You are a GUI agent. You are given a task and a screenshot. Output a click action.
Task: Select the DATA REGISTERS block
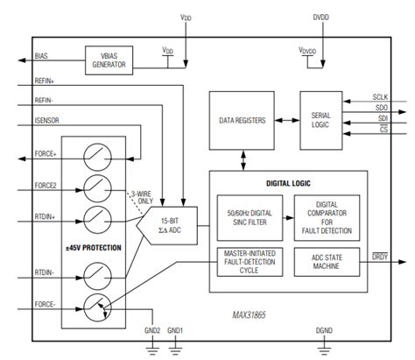[x=241, y=114]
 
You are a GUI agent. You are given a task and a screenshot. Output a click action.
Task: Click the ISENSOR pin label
[x=49, y=121]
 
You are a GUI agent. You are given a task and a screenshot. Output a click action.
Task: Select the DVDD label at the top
[x=320, y=15]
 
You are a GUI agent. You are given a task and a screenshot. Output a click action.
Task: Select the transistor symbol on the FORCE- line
[x=99, y=306]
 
